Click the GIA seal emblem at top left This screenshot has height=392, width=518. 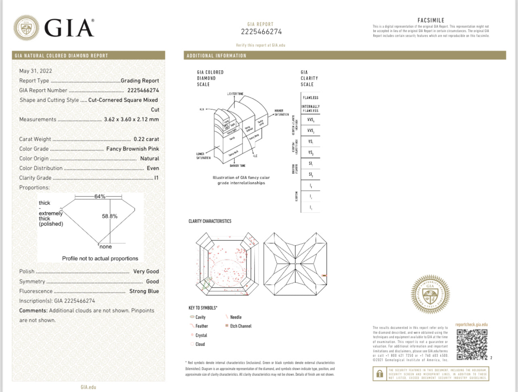pos(26,28)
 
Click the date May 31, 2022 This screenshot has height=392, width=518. pos(36,71)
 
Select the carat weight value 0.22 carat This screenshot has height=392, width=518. pos(146,139)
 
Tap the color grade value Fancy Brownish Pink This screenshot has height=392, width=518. pos(133,149)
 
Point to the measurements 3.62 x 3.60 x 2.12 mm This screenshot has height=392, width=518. pos(132,119)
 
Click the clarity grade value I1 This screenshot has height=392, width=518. pos(157,178)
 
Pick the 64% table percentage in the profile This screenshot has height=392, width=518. pos(100,196)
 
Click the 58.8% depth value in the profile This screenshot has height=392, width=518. pos(110,216)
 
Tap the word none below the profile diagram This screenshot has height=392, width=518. pos(106,247)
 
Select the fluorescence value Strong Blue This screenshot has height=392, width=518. pos(144,291)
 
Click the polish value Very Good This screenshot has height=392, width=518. pos(146,271)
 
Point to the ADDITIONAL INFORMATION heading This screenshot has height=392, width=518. pos(216,56)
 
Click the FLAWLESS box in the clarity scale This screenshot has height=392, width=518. pos(310,98)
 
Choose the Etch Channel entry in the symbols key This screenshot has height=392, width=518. pos(240,326)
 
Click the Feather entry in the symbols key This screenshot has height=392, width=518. pos(201,326)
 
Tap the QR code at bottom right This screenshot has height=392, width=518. pos(472,344)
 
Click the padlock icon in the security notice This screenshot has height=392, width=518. pos(380,374)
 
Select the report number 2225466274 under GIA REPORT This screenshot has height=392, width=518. pos(261,32)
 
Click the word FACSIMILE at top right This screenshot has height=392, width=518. pos(431,20)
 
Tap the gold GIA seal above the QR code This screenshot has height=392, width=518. pos(430,295)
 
